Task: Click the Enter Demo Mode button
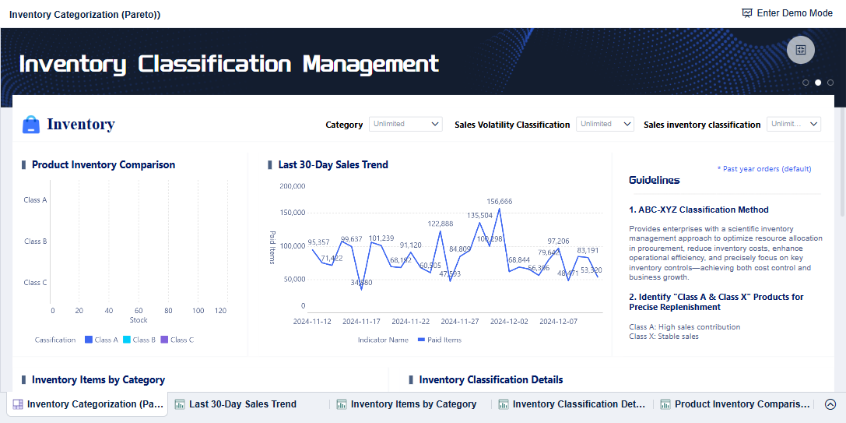click(x=787, y=13)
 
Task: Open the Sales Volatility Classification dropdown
click(x=605, y=124)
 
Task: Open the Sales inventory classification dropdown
click(x=794, y=124)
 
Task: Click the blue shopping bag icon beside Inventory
click(x=31, y=125)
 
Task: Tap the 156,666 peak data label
click(x=500, y=201)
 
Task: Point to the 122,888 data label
click(x=441, y=224)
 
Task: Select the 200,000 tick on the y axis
click(x=292, y=186)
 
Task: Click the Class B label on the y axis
click(x=36, y=241)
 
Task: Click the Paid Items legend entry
click(x=440, y=340)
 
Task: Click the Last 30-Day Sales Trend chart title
click(x=333, y=164)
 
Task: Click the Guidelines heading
click(x=654, y=180)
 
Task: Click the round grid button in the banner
click(x=800, y=50)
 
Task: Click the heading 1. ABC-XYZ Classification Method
click(x=699, y=210)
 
